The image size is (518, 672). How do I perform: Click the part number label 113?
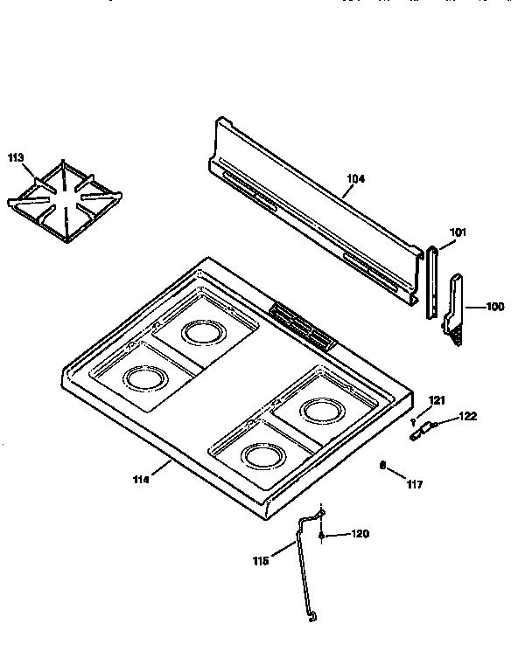click(x=16, y=158)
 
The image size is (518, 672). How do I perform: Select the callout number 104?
click(x=355, y=179)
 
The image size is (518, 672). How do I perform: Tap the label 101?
click(x=458, y=232)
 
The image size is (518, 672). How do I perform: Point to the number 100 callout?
click(x=494, y=307)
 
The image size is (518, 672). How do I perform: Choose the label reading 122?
click(x=468, y=416)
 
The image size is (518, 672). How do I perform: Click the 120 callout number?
click(x=360, y=533)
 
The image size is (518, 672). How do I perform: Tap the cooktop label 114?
click(x=141, y=478)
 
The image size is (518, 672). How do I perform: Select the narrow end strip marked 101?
click(x=431, y=281)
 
